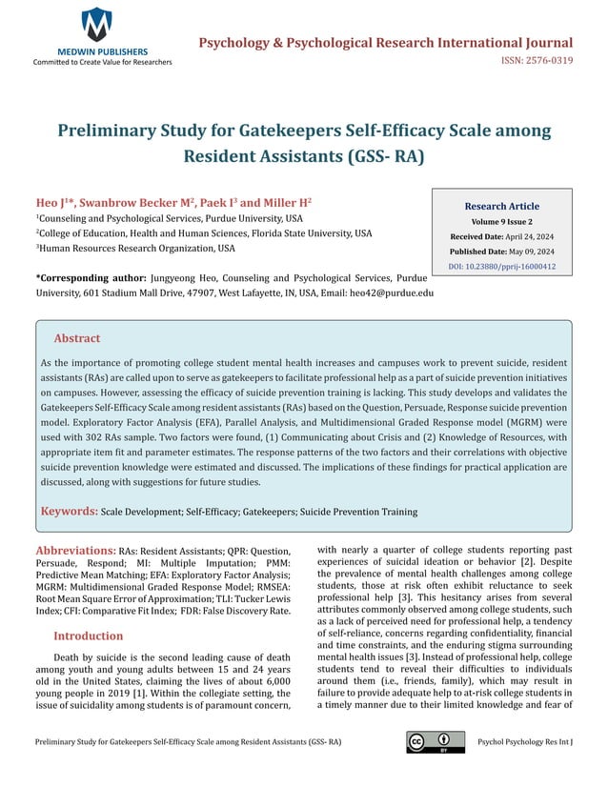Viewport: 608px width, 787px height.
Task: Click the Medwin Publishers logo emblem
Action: tap(95, 23)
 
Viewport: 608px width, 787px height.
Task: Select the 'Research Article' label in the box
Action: tap(501, 206)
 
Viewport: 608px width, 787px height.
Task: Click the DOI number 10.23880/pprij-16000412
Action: tap(501, 267)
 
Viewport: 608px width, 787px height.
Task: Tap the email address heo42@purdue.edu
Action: tap(393, 293)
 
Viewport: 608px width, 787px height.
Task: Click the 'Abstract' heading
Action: tap(76, 338)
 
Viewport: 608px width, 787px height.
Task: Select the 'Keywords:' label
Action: tap(69, 512)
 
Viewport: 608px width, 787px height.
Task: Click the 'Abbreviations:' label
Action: tap(75, 551)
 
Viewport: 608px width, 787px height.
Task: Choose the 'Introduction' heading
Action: tap(94, 636)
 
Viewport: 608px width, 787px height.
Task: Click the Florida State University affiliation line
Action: tap(204, 232)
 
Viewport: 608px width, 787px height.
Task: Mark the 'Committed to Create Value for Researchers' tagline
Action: tap(103, 62)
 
